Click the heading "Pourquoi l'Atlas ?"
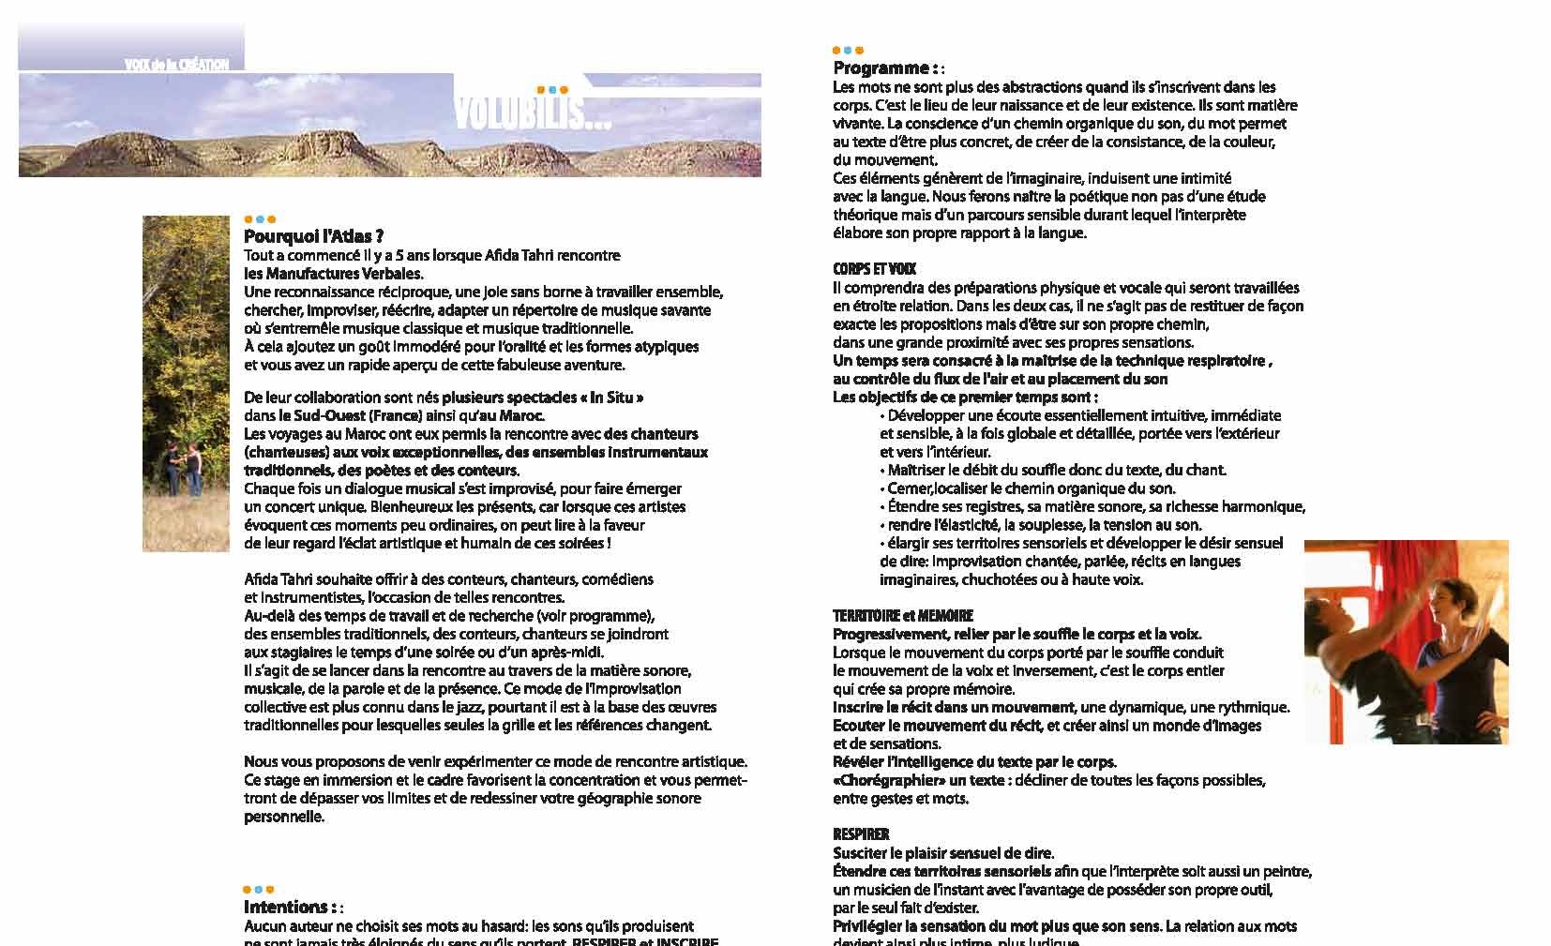tap(313, 237)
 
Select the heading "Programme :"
tap(885, 68)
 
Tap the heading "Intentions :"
tap(290, 908)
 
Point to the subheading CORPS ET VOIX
tap(874, 269)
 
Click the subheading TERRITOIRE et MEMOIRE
tap(903, 616)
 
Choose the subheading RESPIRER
tap(861, 834)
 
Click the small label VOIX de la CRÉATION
tap(176, 65)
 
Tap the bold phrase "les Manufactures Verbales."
tap(334, 274)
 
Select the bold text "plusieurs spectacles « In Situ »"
tap(542, 398)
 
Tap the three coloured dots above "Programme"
tap(848, 51)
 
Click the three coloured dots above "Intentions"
tap(258, 889)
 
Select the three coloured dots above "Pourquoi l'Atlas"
tap(260, 219)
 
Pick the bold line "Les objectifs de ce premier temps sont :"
tap(965, 398)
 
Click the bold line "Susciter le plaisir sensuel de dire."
tap(943, 853)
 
